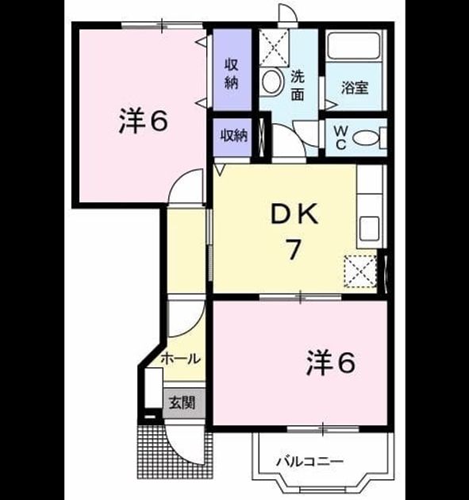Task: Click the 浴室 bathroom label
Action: click(x=355, y=87)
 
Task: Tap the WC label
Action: click(x=340, y=137)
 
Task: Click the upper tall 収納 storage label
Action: click(x=232, y=74)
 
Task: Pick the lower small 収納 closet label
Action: click(x=234, y=136)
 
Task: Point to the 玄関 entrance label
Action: click(x=182, y=402)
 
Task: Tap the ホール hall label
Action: click(x=180, y=359)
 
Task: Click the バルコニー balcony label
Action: click(x=310, y=461)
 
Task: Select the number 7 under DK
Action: click(x=294, y=249)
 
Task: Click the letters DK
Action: click(x=294, y=214)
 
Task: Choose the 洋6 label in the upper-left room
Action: click(x=143, y=121)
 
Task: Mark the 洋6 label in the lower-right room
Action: click(x=331, y=363)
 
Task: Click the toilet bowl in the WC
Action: click(x=365, y=138)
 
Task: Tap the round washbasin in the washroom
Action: click(x=272, y=82)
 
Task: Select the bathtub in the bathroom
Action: click(x=354, y=45)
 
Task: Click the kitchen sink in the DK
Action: click(x=369, y=229)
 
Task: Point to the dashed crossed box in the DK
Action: click(x=360, y=271)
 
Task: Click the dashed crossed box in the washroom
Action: click(x=275, y=48)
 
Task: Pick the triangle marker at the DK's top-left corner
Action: click(x=221, y=169)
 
